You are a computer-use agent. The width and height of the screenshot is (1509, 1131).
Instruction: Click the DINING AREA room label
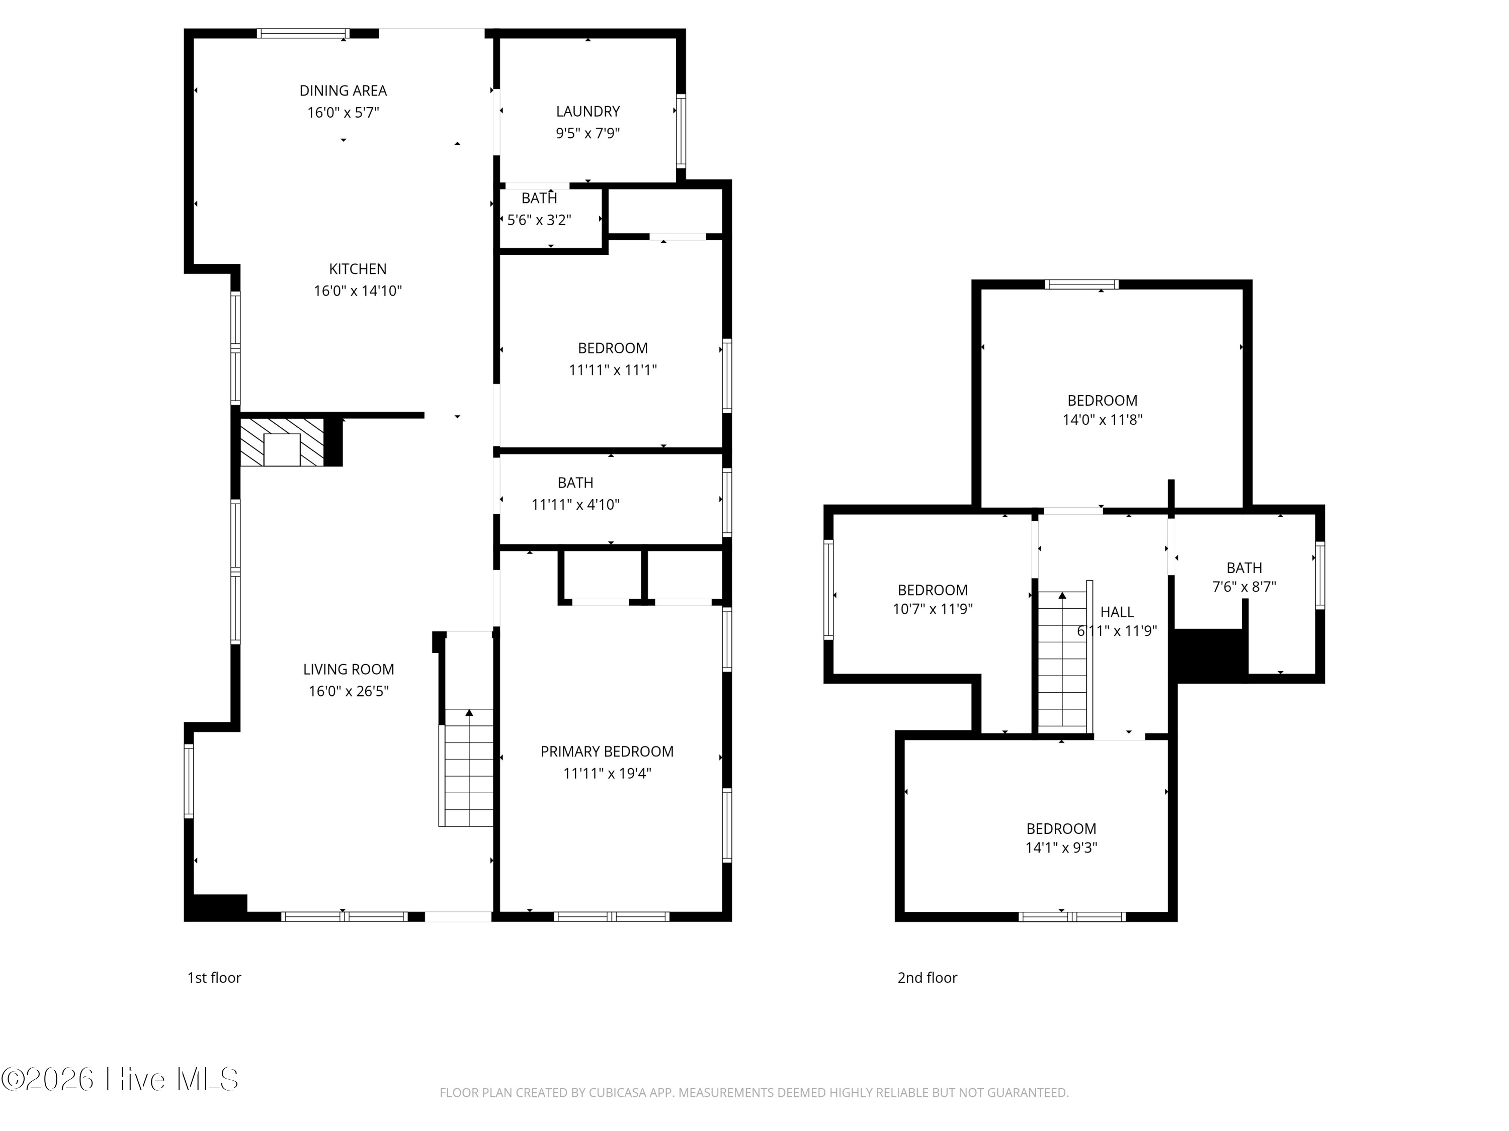343,90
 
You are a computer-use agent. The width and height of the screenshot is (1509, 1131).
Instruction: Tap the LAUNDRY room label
588,111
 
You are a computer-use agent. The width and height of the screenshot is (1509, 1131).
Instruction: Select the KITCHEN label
358,269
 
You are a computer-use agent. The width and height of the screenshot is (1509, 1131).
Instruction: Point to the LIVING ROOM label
349,670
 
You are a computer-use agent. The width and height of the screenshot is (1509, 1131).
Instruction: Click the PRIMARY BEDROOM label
607,751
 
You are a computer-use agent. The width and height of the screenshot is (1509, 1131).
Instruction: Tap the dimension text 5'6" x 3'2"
539,220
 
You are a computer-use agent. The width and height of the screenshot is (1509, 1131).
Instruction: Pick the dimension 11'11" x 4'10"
576,505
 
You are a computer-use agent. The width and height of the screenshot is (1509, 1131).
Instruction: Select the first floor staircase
466,768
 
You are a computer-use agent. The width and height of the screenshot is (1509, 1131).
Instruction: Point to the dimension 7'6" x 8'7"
1244,587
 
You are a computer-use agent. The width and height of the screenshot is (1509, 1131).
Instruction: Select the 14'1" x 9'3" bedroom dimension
1061,847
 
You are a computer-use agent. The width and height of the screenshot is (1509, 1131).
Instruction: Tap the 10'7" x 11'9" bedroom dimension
933,609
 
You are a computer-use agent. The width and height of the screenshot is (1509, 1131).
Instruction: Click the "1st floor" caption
214,978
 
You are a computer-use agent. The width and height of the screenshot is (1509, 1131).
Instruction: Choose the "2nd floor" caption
927,978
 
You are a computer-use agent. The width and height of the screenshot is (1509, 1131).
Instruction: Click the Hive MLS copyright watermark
120,1079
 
